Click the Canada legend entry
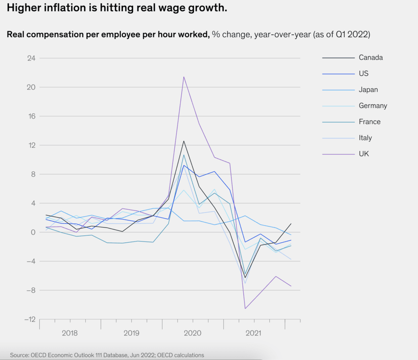[371, 58]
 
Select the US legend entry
[363, 74]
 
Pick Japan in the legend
[368, 89]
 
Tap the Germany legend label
[373, 106]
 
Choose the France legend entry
[369, 122]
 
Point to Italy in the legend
[365, 138]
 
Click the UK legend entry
[364, 154]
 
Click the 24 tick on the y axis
[31, 58]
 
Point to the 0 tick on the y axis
[33, 232]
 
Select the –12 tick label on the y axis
[29, 319]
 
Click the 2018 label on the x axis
[70, 333]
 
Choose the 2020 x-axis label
[193, 333]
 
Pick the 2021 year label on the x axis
[254, 333]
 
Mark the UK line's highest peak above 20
[184, 77]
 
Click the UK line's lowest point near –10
[245, 308]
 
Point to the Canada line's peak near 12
[184, 141]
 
